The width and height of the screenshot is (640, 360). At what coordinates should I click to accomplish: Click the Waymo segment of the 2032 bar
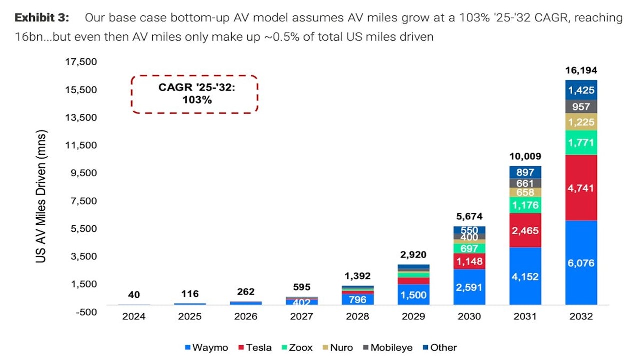(581, 263)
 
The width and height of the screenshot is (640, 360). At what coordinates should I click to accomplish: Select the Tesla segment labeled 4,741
(581, 188)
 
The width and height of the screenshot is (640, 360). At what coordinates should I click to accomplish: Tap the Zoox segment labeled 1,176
(525, 205)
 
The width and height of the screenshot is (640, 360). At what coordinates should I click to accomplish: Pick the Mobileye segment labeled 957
(581, 106)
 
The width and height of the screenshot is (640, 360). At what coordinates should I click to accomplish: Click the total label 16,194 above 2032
(581, 71)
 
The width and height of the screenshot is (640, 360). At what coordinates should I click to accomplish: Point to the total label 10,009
(525, 157)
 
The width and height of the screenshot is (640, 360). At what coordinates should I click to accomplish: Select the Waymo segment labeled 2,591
(469, 287)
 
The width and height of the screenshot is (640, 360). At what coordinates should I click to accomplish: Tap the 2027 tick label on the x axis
(302, 316)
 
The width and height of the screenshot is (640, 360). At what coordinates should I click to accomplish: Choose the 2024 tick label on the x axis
(134, 316)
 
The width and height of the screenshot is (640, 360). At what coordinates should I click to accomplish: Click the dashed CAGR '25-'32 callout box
(195, 94)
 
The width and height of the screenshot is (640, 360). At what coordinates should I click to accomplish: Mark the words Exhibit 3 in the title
(42, 18)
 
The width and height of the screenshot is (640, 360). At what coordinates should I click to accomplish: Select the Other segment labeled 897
(525, 172)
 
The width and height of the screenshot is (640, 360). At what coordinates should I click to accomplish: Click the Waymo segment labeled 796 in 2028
(358, 300)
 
